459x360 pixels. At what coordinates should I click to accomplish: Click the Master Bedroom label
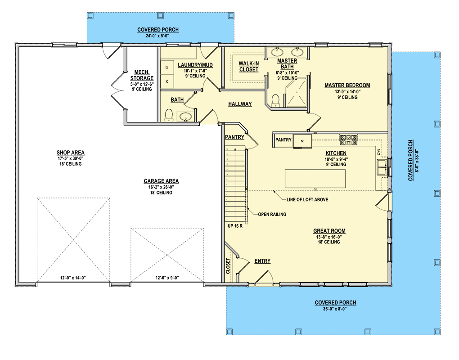(347, 85)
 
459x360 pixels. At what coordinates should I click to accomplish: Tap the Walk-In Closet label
(248, 67)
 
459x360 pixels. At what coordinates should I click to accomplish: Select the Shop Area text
(71, 153)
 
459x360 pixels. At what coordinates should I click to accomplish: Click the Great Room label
(329, 231)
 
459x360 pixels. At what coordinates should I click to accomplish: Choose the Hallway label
(239, 104)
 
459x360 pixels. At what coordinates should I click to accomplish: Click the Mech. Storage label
(142, 75)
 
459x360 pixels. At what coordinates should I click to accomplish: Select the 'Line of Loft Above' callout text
(308, 199)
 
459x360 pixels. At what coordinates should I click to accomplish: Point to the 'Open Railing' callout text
(272, 214)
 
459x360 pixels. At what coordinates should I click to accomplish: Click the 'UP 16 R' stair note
(235, 225)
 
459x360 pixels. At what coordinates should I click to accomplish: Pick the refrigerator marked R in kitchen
(302, 140)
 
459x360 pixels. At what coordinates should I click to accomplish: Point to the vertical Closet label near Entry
(228, 266)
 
